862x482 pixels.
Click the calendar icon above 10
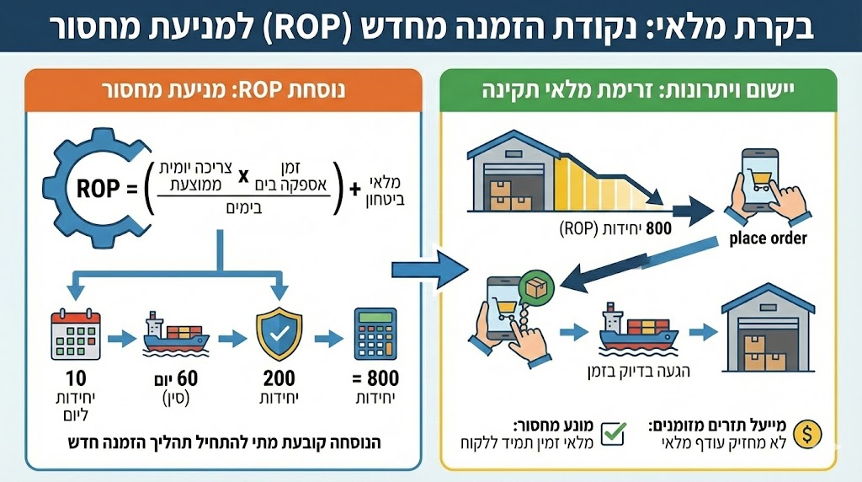[76, 335]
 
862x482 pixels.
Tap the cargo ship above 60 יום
[176, 334]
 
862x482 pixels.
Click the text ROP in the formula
[98, 187]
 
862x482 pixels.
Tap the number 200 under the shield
[279, 378]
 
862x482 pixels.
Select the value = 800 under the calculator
[375, 378]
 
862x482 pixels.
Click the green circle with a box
[536, 288]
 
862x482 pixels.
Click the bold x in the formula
[245, 176]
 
